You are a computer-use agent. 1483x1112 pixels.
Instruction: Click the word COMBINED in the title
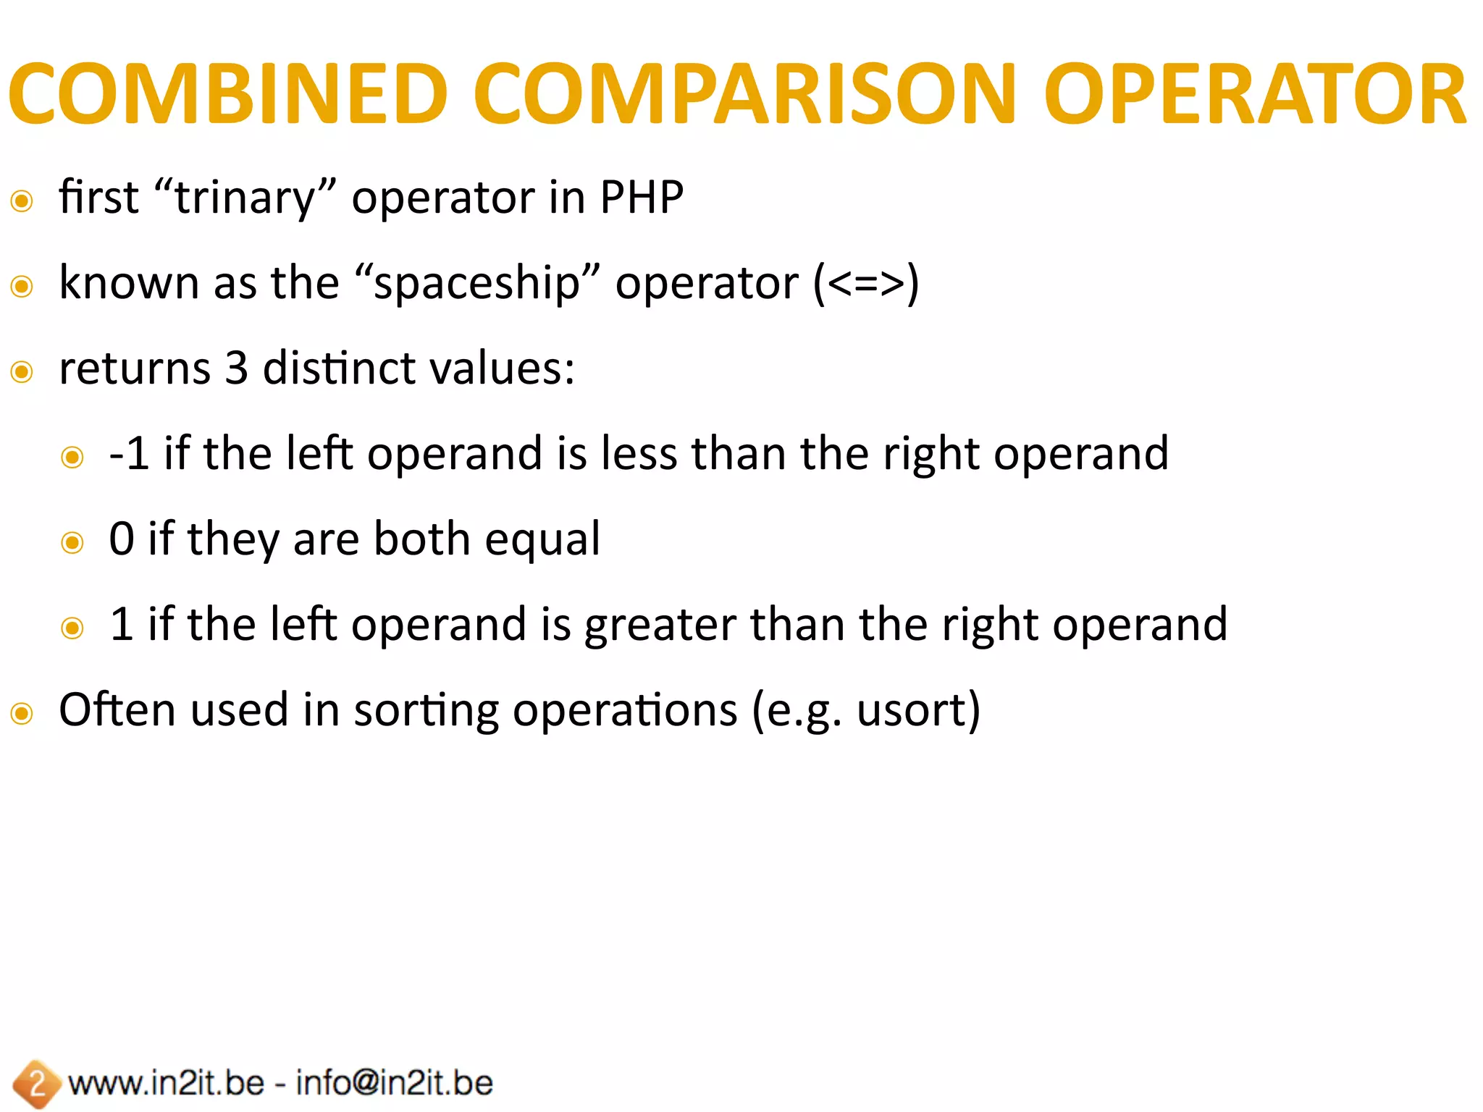228,94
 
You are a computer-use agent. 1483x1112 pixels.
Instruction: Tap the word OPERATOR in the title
1254,94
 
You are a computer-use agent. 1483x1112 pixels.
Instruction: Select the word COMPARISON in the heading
745,94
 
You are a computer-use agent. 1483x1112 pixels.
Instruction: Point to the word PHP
642,197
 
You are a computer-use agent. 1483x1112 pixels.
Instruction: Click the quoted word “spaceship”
477,283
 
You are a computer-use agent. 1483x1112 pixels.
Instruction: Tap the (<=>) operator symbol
866,283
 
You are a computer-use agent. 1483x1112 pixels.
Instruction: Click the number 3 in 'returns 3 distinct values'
236,368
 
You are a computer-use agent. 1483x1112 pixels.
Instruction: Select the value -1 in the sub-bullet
129,454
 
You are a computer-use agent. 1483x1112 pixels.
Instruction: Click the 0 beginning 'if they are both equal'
122,539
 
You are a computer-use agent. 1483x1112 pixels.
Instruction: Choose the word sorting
426,711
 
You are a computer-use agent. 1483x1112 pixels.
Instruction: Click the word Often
117,709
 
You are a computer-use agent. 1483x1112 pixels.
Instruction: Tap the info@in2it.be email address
395,1083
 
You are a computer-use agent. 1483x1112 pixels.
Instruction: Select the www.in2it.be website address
166,1083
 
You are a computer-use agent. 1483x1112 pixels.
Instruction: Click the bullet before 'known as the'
22,287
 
